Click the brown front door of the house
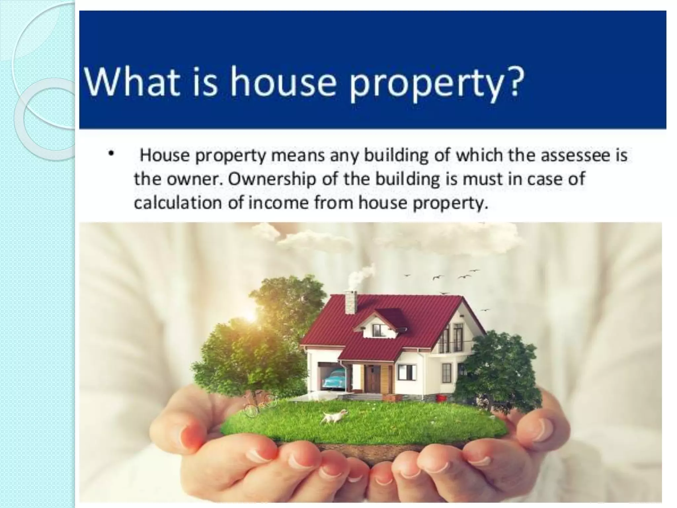click(373, 378)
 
